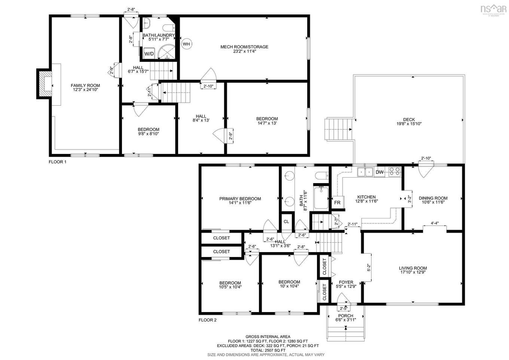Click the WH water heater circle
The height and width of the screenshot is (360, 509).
pyautogui.click(x=186, y=44)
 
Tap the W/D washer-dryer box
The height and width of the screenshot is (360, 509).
pyautogui.click(x=149, y=54)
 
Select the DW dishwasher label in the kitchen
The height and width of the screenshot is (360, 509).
pyautogui.click(x=379, y=172)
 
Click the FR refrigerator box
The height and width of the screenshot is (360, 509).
pyautogui.click(x=337, y=202)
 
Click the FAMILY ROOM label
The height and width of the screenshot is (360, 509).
pyautogui.click(x=85, y=85)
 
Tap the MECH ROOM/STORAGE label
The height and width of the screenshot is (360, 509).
pyautogui.click(x=244, y=47)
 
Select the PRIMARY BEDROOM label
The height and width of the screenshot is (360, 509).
pyautogui.click(x=240, y=199)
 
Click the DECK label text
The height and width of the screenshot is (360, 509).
pyautogui.click(x=409, y=120)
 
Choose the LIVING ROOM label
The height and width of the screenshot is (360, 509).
pyautogui.click(x=412, y=268)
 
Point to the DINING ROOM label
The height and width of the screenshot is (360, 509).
pyautogui.click(x=433, y=198)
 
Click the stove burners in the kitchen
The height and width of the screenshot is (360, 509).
pyautogui.click(x=394, y=172)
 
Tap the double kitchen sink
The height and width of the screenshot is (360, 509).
pyautogui.click(x=365, y=172)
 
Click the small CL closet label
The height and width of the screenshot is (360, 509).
pyautogui.click(x=286, y=221)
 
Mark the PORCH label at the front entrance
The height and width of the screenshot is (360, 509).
pyautogui.click(x=345, y=316)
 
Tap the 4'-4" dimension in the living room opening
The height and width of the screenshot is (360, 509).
pyautogui.click(x=435, y=223)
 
